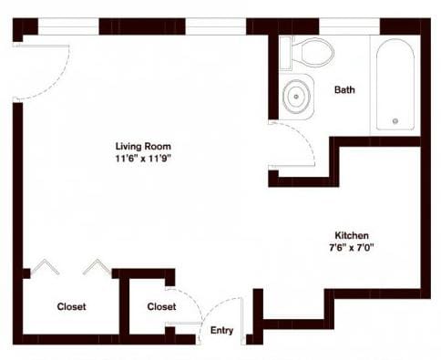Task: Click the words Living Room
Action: tap(143, 146)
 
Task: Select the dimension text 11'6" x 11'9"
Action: tap(143, 158)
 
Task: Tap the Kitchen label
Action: tap(353, 234)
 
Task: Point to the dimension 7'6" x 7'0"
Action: tap(353, 247)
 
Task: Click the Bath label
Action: tap(344, 89)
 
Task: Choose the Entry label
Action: tap(221, 331)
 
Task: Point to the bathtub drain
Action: tap(395, 120)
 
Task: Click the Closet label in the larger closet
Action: tap(71, 307)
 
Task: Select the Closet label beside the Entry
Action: tap(161, 307)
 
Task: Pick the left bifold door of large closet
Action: tap(44, 268)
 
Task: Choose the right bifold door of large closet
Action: tap(96, 267)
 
